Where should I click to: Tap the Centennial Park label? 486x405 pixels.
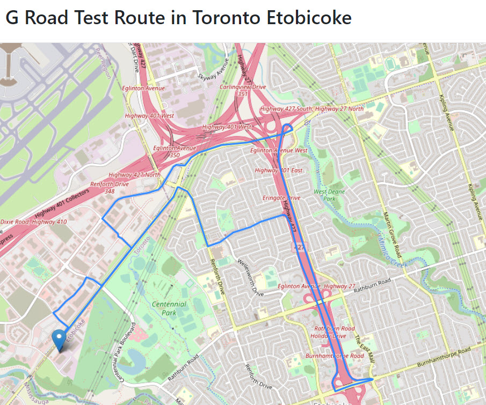[x=169, y=308]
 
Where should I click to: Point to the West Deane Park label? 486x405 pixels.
[x=330, y=194]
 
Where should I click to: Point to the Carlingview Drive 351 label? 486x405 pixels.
[x=243, y=90]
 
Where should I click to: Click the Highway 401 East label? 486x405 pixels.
[x=279, y=170]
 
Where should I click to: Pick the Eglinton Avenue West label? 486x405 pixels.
[x=279, y=150]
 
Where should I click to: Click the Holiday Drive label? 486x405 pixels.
[x=328, y=336]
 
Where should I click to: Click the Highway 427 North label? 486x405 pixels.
[x=134, y=175]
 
